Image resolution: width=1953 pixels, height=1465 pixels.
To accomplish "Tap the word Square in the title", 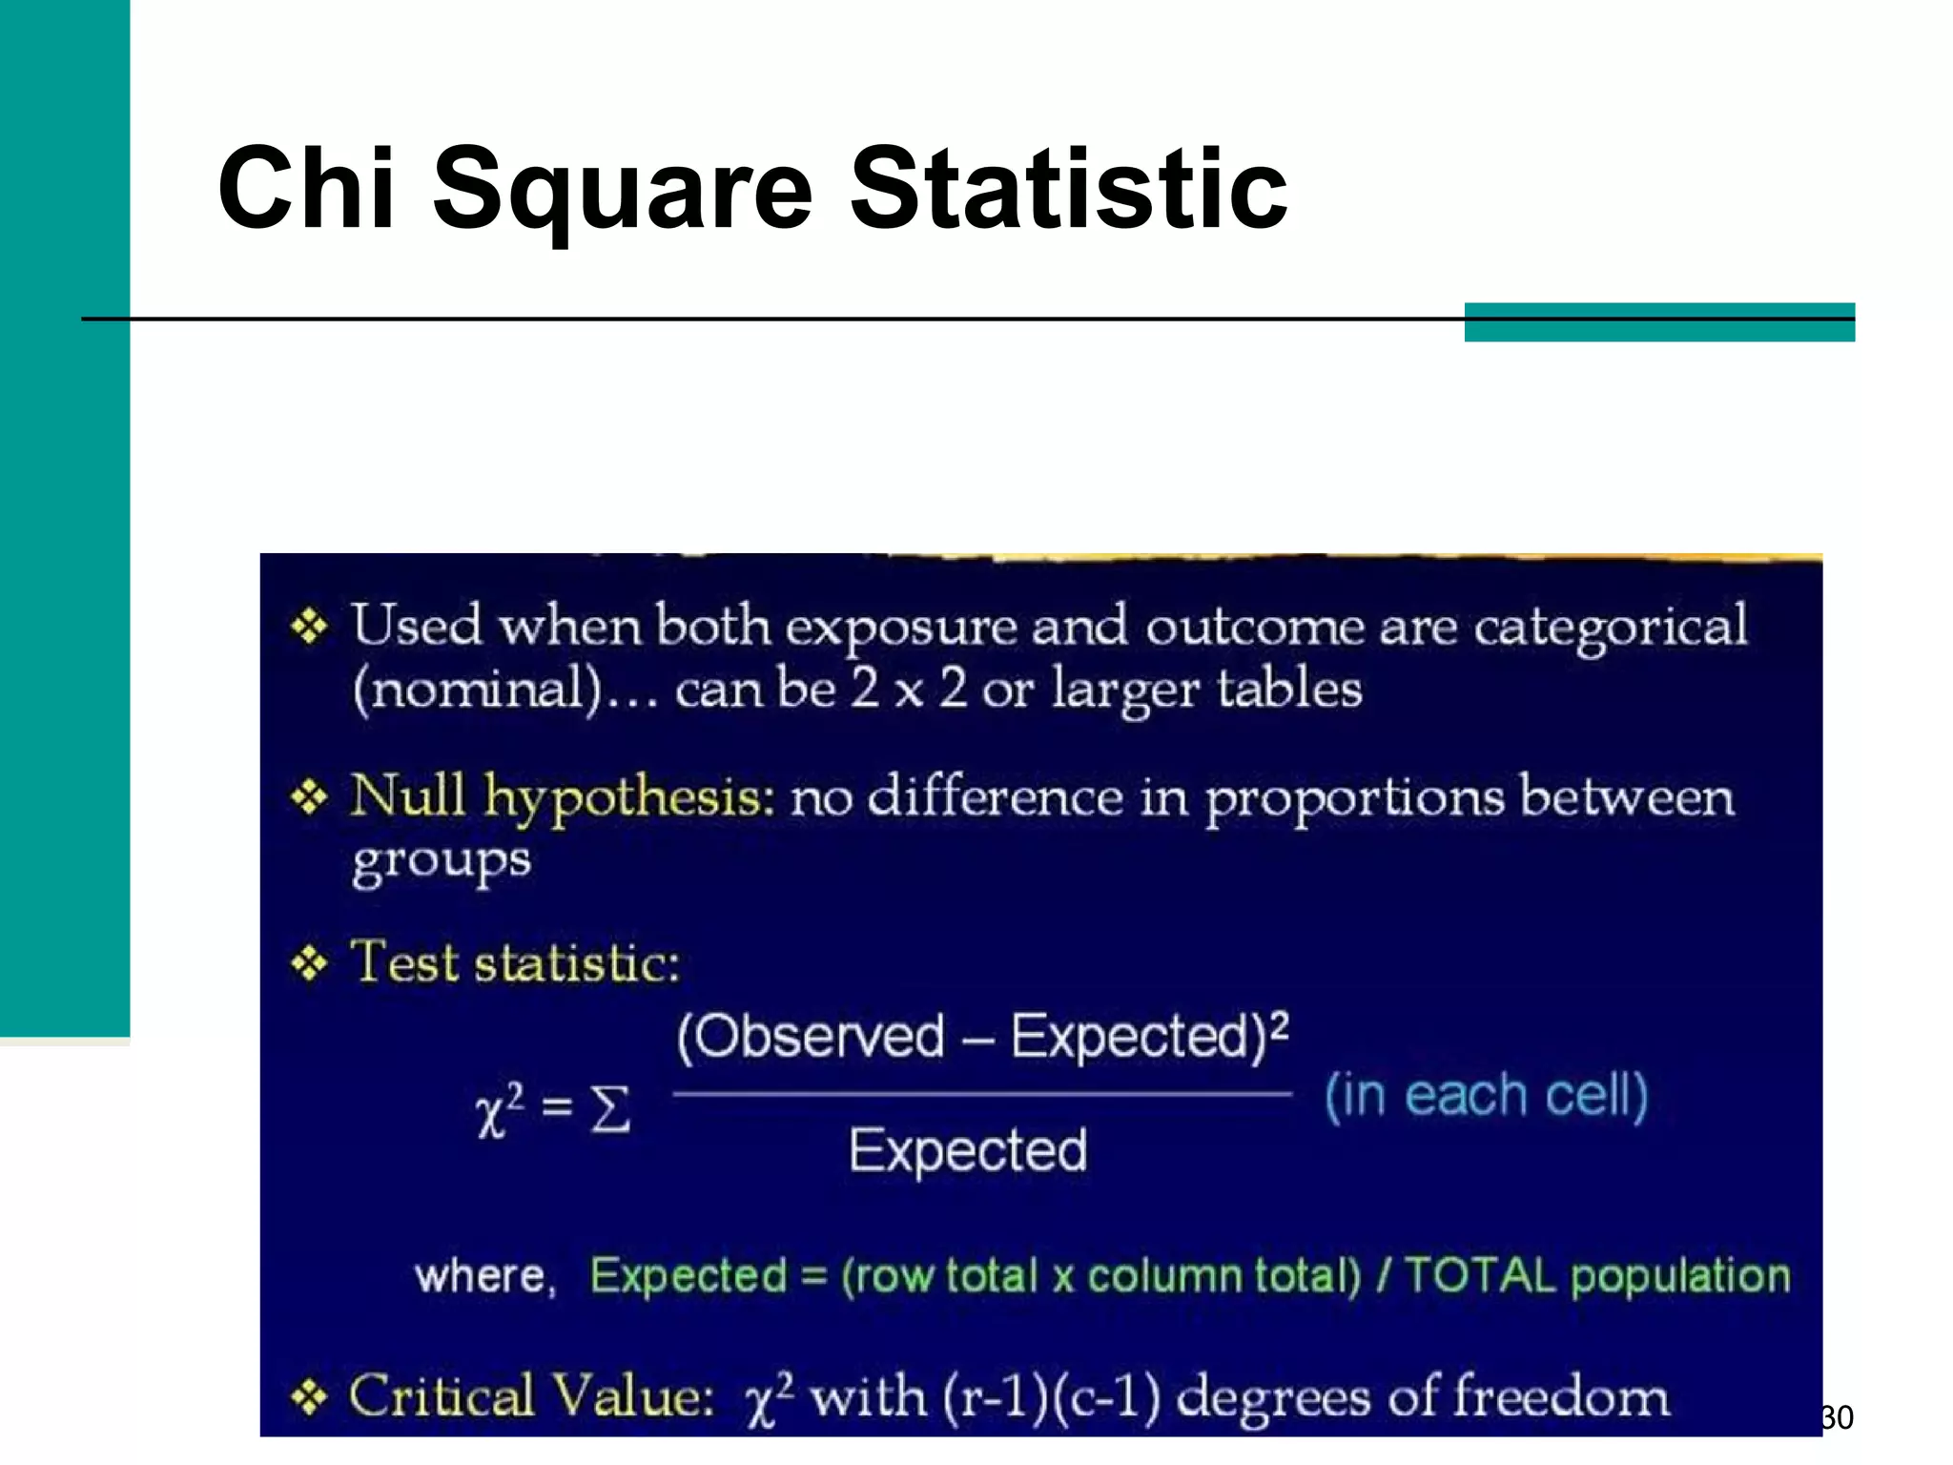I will click(622, 191).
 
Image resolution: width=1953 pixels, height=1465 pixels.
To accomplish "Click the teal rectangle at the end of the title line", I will click(1658, 322).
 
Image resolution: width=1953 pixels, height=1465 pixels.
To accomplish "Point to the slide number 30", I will click(1837, 1417).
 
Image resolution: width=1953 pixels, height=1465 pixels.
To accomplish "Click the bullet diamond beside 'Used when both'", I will click(310, 627).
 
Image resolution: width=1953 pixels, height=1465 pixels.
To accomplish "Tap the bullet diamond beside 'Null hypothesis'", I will click(310, 796).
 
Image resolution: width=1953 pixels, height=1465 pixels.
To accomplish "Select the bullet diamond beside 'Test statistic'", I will click(310, 963).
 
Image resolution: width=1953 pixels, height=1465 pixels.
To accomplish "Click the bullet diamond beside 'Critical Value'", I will click(310, 1398).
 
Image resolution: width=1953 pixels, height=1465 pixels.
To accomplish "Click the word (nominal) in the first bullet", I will click(477, 690).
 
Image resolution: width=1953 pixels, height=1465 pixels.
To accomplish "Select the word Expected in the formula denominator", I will click(968, 1150).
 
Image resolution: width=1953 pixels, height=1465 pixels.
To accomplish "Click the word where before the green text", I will click(482, 1276).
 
